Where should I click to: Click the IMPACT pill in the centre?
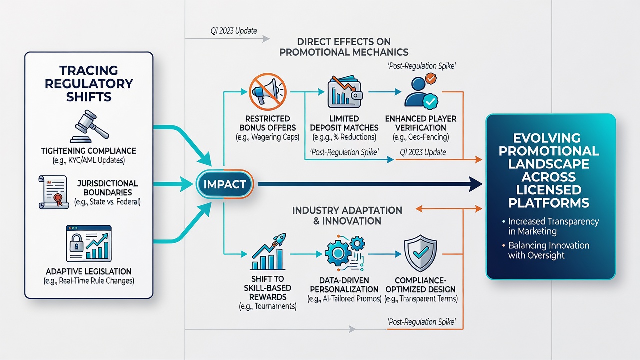225,184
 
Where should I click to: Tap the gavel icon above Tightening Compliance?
89,126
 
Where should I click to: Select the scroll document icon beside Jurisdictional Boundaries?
54,192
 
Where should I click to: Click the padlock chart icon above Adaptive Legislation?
89,243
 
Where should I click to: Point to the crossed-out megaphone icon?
267,91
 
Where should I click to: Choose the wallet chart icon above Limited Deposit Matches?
345,91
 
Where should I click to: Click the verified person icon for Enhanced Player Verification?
421,91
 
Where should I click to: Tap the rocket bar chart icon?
268,252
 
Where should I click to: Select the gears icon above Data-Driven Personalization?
345,253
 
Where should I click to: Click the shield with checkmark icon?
420,253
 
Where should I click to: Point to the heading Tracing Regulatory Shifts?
89,83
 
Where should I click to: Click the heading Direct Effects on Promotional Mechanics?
344,47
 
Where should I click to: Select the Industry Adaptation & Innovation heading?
347,215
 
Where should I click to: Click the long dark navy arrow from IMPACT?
370,184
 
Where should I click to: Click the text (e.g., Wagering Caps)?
267,137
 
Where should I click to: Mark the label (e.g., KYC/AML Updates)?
89,160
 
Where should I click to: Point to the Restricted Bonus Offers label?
267,123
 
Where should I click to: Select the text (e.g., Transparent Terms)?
421,299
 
